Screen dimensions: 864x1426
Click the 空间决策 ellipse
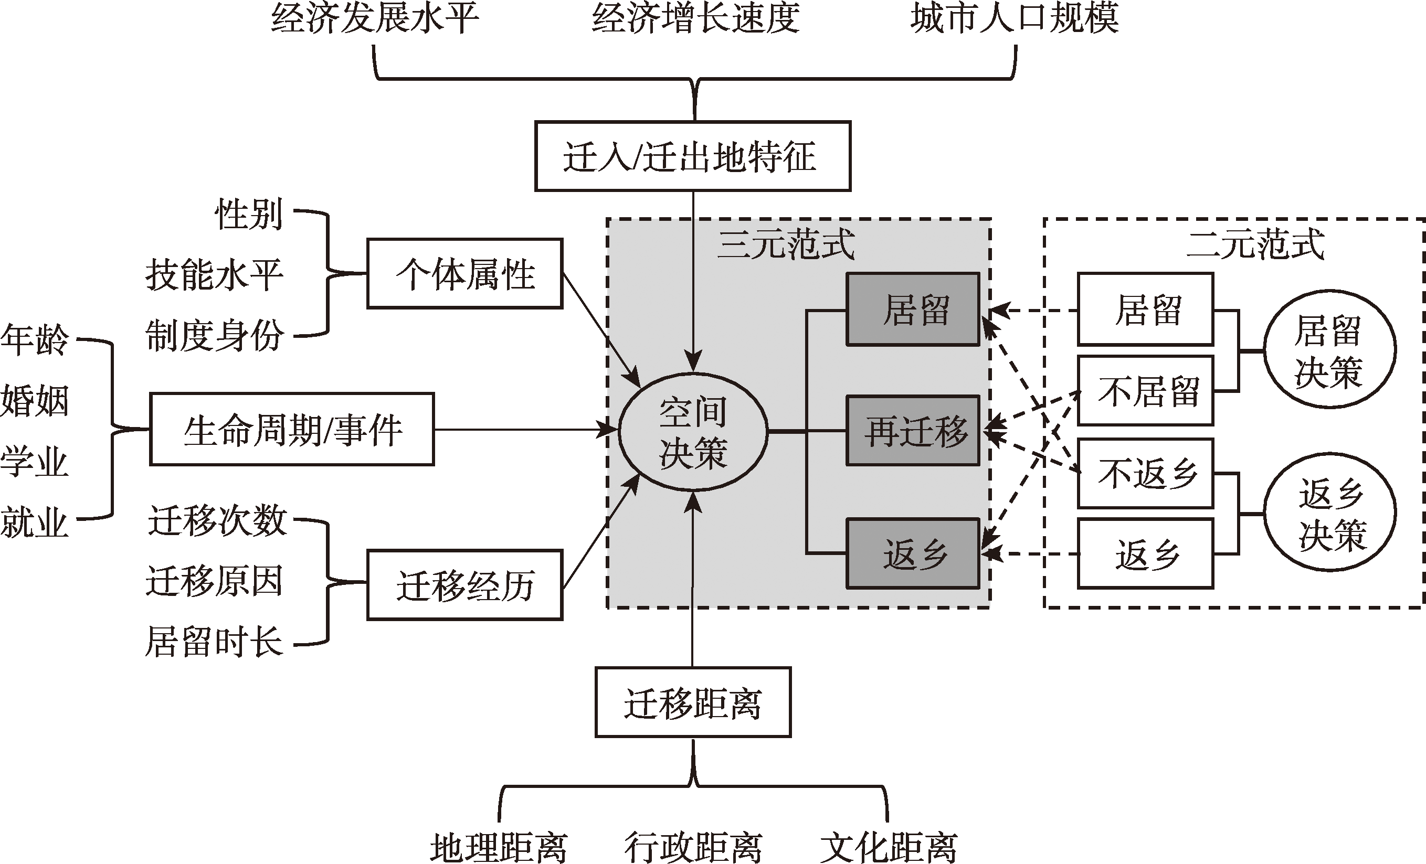tap(693, 431)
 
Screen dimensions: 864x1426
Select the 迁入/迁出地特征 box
tap(692, 156)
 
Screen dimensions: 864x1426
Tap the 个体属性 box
tap(464, 273)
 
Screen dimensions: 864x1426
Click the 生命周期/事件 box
tap(292, 430)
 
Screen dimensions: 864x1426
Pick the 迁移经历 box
tap(464, 585)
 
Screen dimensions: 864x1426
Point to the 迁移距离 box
tap(693, 702)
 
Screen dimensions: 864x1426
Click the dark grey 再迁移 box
tap(913, 431)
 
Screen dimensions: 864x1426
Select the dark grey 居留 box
tap(913, 310)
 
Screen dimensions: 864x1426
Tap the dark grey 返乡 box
tap(913, 553)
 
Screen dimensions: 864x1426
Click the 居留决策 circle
tap(1329, 350)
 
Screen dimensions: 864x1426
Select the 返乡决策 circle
tap(1329, 513)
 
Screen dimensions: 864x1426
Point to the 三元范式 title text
tap(785, 244)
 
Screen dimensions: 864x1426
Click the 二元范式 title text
tap(1255, 244)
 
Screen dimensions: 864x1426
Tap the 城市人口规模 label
tap(1014, 17)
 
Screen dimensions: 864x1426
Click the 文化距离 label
tap(889, 847)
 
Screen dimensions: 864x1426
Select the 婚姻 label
tap(35, 400)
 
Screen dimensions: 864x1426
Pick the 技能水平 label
tap(214, 274)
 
